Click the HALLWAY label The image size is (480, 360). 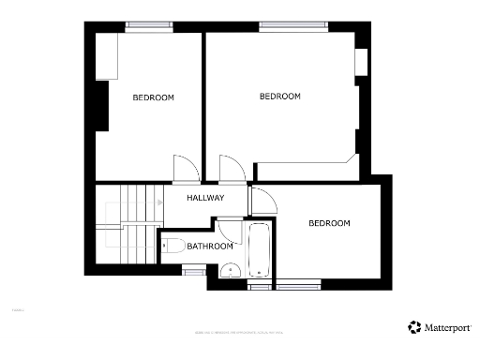(205, 198)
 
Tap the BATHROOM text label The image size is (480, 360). (209, 247)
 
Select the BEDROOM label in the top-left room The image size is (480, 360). (153, 97)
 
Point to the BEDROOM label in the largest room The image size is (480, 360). (279, 97)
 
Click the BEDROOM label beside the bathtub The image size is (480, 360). (329, 223)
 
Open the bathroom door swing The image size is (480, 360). (228, 228)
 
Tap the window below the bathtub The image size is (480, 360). (260, 286)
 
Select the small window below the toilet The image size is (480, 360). (194, 272)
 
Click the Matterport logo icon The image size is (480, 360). (414, 327)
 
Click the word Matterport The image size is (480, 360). (449, 328)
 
